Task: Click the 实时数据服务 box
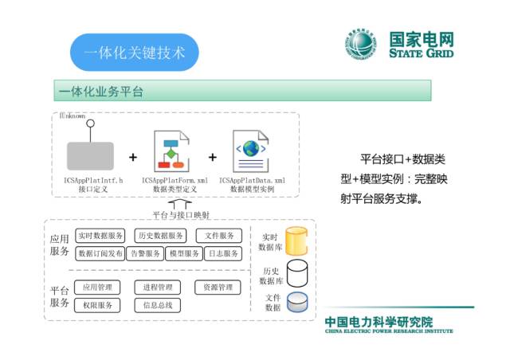[100, 236]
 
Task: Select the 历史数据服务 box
[160, 236]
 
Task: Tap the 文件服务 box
[218, 236]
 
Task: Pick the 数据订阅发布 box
[100, 253]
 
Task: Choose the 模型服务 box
[183, 253]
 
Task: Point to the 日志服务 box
[222, 253]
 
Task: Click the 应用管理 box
[98, 287]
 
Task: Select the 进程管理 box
[158, 287]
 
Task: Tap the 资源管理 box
[218, 287]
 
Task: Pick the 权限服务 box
[98, 304]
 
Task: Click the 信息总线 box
[158, 304]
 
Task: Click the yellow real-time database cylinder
[297, 241]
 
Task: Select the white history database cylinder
[297, 273]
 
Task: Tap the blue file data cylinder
[297, 303]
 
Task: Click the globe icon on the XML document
[251, 149]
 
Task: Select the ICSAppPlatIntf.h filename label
[93, 181]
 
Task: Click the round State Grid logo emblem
[363, 45]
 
